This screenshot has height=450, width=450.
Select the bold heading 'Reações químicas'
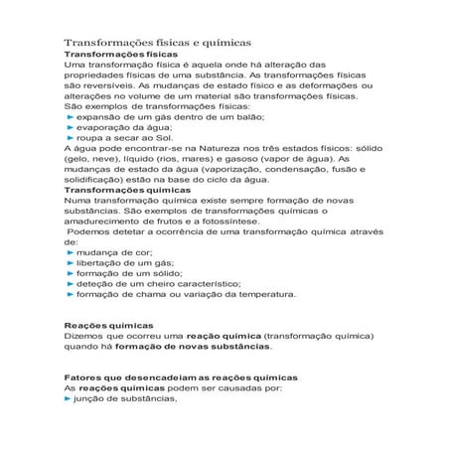point(108,325)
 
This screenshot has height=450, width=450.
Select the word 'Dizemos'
point(84,336)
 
